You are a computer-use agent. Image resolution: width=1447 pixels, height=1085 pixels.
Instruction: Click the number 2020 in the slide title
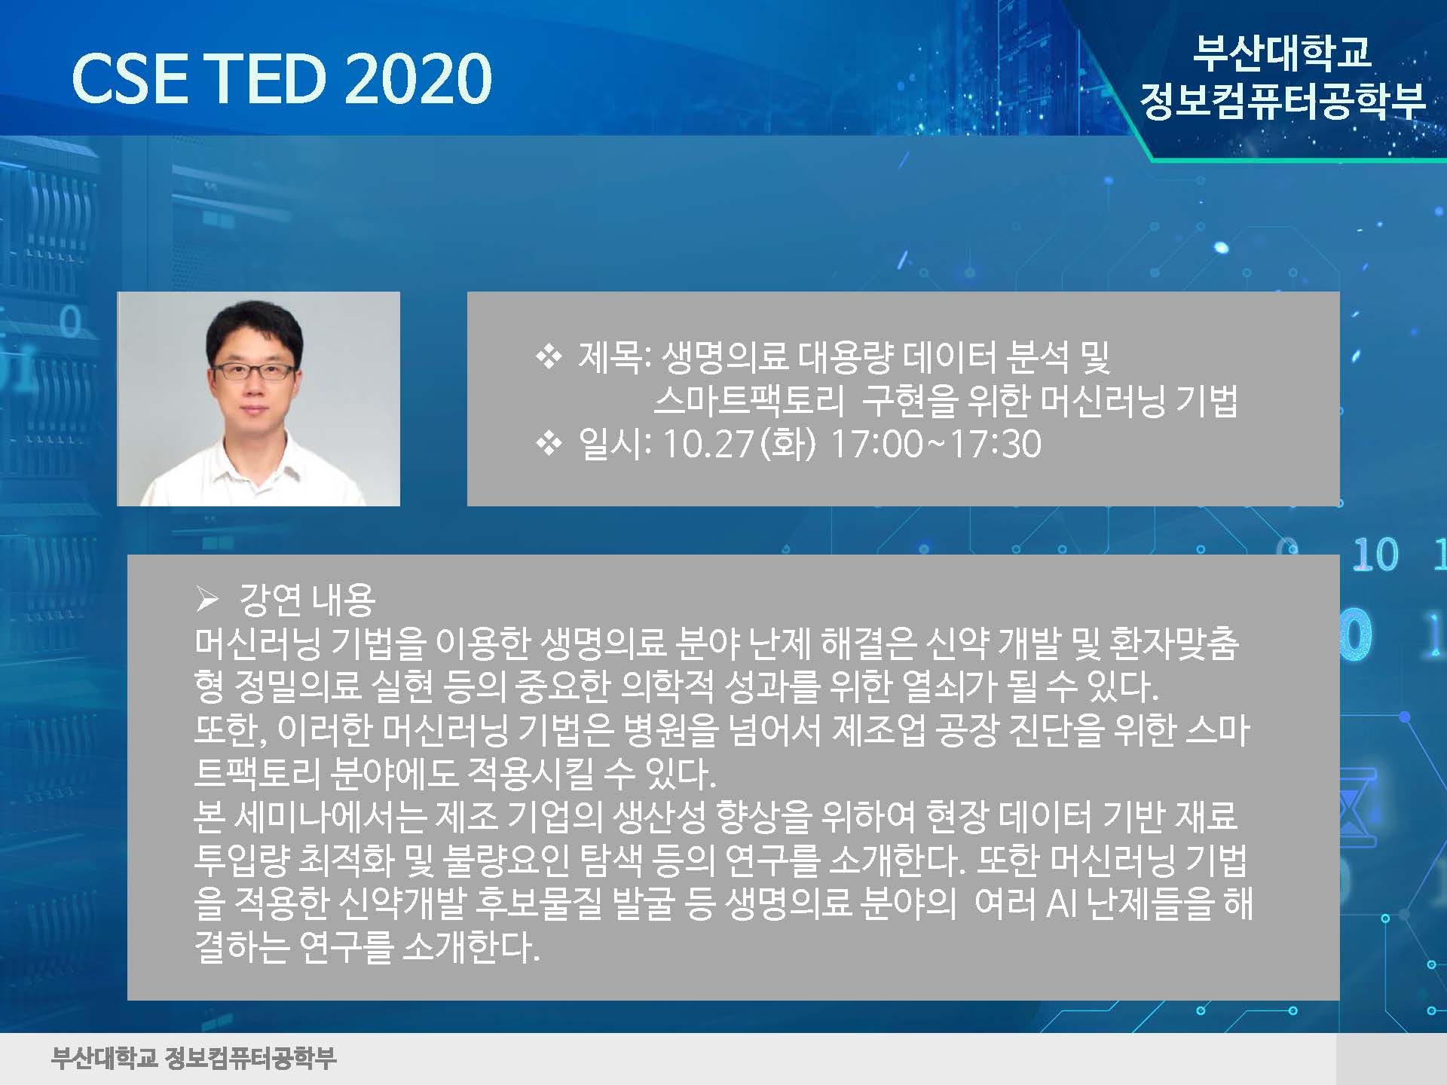pos(418,78)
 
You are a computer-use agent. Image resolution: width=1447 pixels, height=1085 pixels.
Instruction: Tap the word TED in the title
pos(268,78)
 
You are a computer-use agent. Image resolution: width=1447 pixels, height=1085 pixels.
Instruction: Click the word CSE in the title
pos(130,78)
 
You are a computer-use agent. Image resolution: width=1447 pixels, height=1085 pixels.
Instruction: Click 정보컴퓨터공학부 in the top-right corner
pos(1283,100)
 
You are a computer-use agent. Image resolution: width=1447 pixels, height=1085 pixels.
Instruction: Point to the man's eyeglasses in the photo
pos(254,371)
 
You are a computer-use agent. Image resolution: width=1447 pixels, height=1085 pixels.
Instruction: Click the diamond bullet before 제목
pos(549,356)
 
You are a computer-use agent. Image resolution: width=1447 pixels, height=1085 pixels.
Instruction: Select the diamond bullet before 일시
pos(549,444)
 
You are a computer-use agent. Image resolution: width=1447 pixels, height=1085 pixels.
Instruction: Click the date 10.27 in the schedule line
pos(708,444)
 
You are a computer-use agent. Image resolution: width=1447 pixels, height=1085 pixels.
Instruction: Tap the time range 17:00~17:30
pos(936,444)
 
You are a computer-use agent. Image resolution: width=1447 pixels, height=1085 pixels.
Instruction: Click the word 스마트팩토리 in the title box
pos(748,400)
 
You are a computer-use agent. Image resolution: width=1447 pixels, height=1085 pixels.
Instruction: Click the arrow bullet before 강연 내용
pos(207,601)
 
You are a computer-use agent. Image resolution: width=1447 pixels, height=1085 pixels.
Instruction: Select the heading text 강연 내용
pos(307,600)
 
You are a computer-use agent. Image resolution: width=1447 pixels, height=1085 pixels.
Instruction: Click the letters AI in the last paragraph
pos(1063,903)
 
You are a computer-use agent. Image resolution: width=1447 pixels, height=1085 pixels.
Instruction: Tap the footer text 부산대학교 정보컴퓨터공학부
pos(194,1058)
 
